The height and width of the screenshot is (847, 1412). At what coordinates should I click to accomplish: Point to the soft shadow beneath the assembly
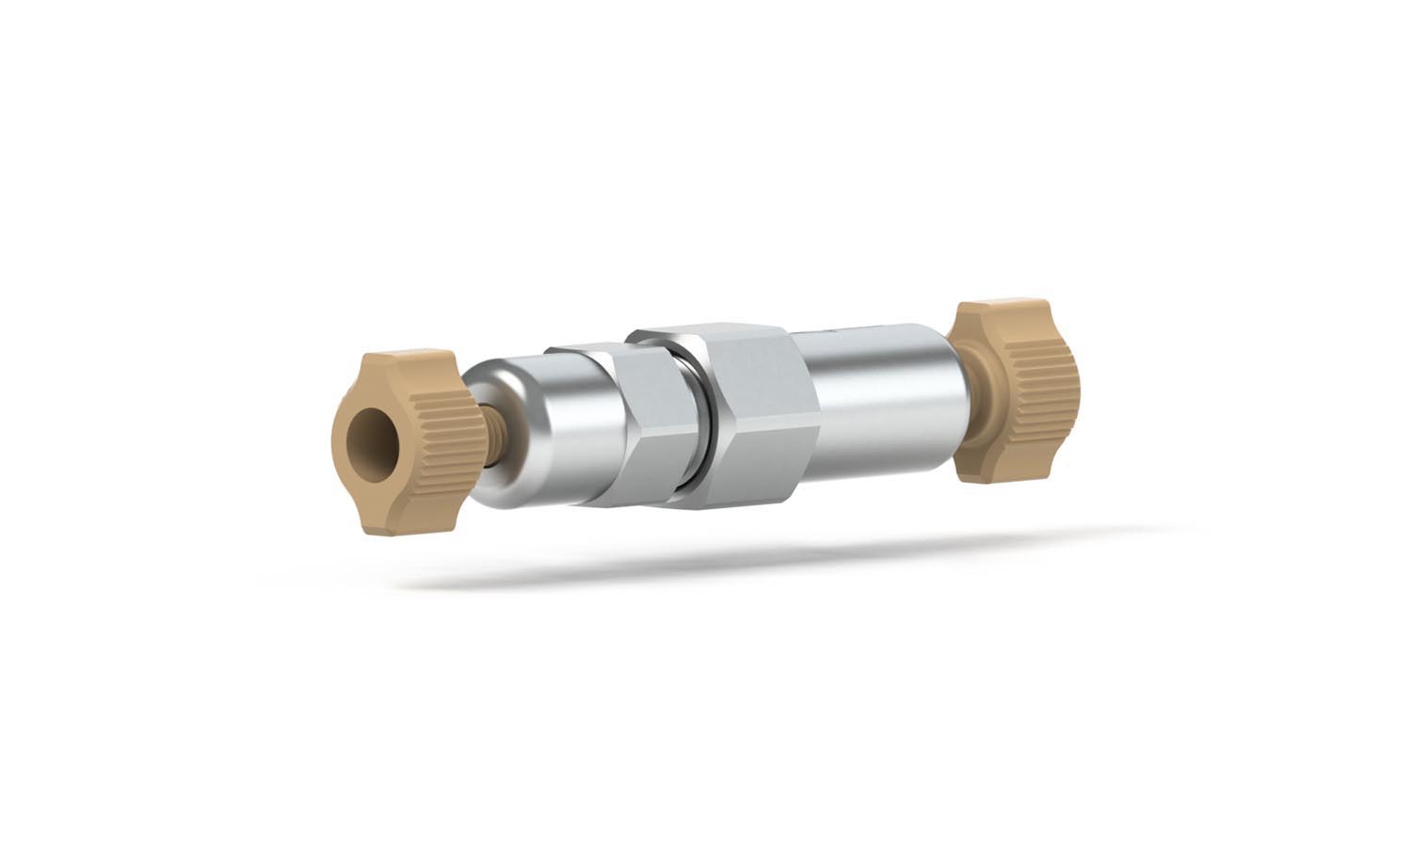click(753, 555)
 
